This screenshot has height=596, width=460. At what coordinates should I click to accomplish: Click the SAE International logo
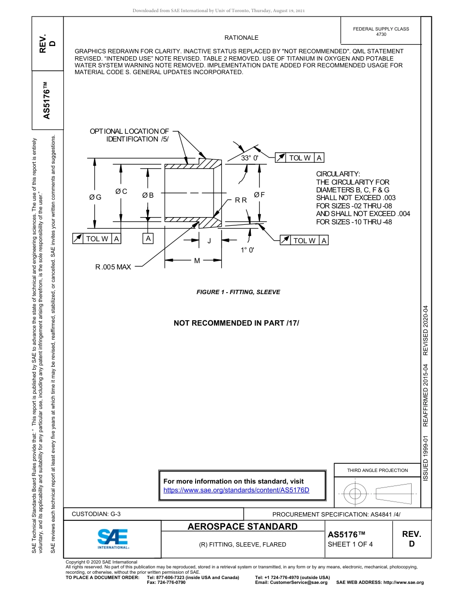pyautogui.click(x=113, y=538)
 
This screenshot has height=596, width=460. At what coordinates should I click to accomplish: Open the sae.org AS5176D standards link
pyautogui.click(x=236, y=490)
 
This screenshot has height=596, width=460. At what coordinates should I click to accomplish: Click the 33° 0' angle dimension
pyautogui.click(x=250, y=158)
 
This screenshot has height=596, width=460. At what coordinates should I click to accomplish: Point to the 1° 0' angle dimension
pyautogui.click(x=247, y=250)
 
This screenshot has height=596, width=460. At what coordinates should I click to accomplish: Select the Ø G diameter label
pyautogui.click(x=95, y=197)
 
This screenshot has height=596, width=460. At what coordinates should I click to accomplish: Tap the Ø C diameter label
pyautogui.click(x=121, y=191)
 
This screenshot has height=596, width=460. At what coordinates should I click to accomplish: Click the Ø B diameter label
pyautogui.click(x=148, y=195)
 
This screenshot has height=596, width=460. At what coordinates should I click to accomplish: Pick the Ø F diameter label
pyautogui.click(x=260, y=195)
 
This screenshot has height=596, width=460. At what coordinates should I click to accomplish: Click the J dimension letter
pyautogui.click(x=209, y=240)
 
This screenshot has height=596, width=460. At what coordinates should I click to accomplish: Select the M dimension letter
pyautogui.click(x=197, y=261)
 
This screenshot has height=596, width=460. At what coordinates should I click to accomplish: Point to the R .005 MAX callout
pyautogui.click(x=113, y=267)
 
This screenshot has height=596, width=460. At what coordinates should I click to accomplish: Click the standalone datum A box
pyautogui.click(x=148, y=238)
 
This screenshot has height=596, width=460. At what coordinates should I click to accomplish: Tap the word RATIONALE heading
pyautogui.click(x=241, y=38)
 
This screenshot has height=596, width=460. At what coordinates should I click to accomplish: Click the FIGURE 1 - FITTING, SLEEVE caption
pyautogui.click(x=238, y=292)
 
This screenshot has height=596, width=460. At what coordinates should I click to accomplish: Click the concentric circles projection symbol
pyautogui.click(x=355, y=494)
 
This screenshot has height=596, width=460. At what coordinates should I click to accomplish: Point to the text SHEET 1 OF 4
pyautogui.click(x=351, y=544)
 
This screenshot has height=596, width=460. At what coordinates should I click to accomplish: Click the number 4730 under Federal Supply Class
pyautogui.click(x=381, y=34)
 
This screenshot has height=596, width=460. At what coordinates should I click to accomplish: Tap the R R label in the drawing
pyautogui.click(x=241, y=200)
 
